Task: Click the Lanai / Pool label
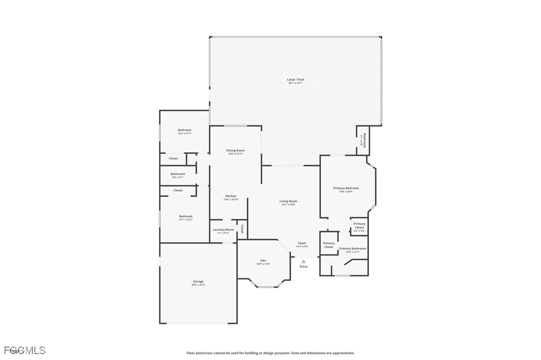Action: coord(295,80)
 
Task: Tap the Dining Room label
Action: coord(236,150)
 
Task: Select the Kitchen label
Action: coord(231,196)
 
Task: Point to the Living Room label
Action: coord(288,201)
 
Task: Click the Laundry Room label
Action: coord(223,230)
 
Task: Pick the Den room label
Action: coord(263,260)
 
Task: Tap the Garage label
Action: coord(198,281)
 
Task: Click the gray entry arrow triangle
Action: coord(303,261)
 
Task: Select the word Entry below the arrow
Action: coord(303,266)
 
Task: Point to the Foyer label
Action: coord(302,243)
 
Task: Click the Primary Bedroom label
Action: coord(346,188)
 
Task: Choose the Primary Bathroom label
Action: coord(352,248)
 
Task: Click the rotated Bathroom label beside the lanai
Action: coord(365,140)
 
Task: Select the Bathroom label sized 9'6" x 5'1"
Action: coord(178,174)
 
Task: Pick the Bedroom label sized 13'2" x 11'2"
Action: coord(184,130)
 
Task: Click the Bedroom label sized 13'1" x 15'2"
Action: coord(185,216)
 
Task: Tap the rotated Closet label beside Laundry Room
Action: coord(242,229)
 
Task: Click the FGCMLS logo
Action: coord(24,351)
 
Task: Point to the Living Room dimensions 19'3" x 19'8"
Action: coord(288,205)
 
